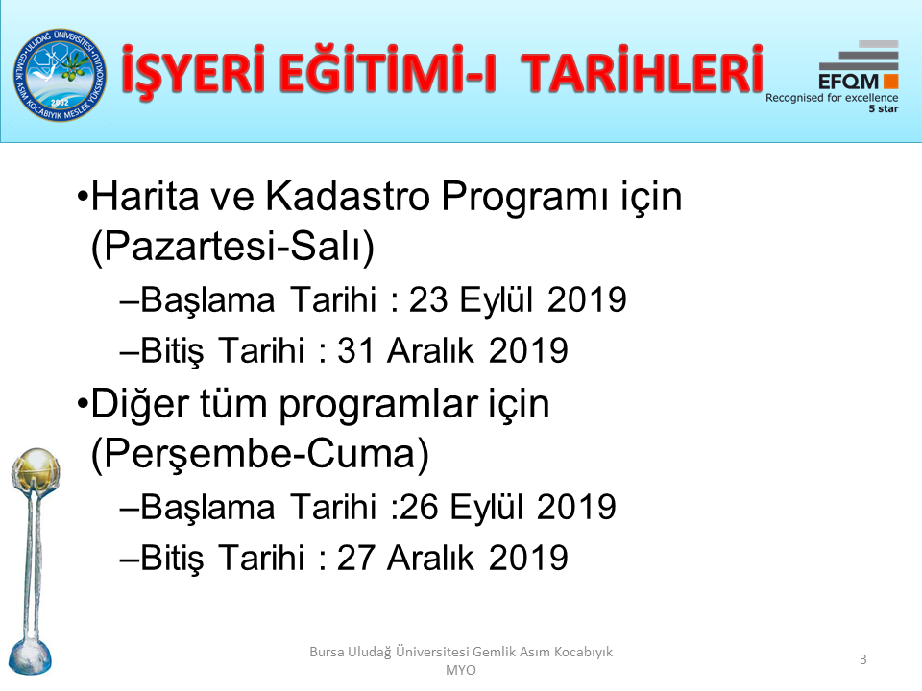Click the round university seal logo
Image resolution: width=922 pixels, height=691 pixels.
point(60,75)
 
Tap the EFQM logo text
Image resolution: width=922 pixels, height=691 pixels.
point(848,82)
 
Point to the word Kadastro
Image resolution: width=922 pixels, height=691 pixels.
point(348,196)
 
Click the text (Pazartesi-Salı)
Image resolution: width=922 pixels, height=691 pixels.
point(232,247)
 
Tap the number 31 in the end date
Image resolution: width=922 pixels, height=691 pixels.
point(355,351)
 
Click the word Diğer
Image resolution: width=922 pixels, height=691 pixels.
point(138,405)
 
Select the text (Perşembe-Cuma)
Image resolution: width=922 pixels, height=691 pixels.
point(260,454)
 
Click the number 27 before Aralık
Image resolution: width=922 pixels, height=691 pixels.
point(355,558)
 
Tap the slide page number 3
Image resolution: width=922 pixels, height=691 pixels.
point(862,659)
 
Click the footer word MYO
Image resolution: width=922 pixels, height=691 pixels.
point(461,670)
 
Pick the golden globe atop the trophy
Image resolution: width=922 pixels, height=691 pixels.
point(36,466)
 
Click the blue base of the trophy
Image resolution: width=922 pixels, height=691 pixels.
point(30,655)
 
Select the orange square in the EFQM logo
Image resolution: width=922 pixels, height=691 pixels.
point(890,81)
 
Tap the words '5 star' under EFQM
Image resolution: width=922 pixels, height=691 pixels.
point(884,108)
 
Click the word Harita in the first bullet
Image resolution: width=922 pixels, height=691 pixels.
point(145,196)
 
